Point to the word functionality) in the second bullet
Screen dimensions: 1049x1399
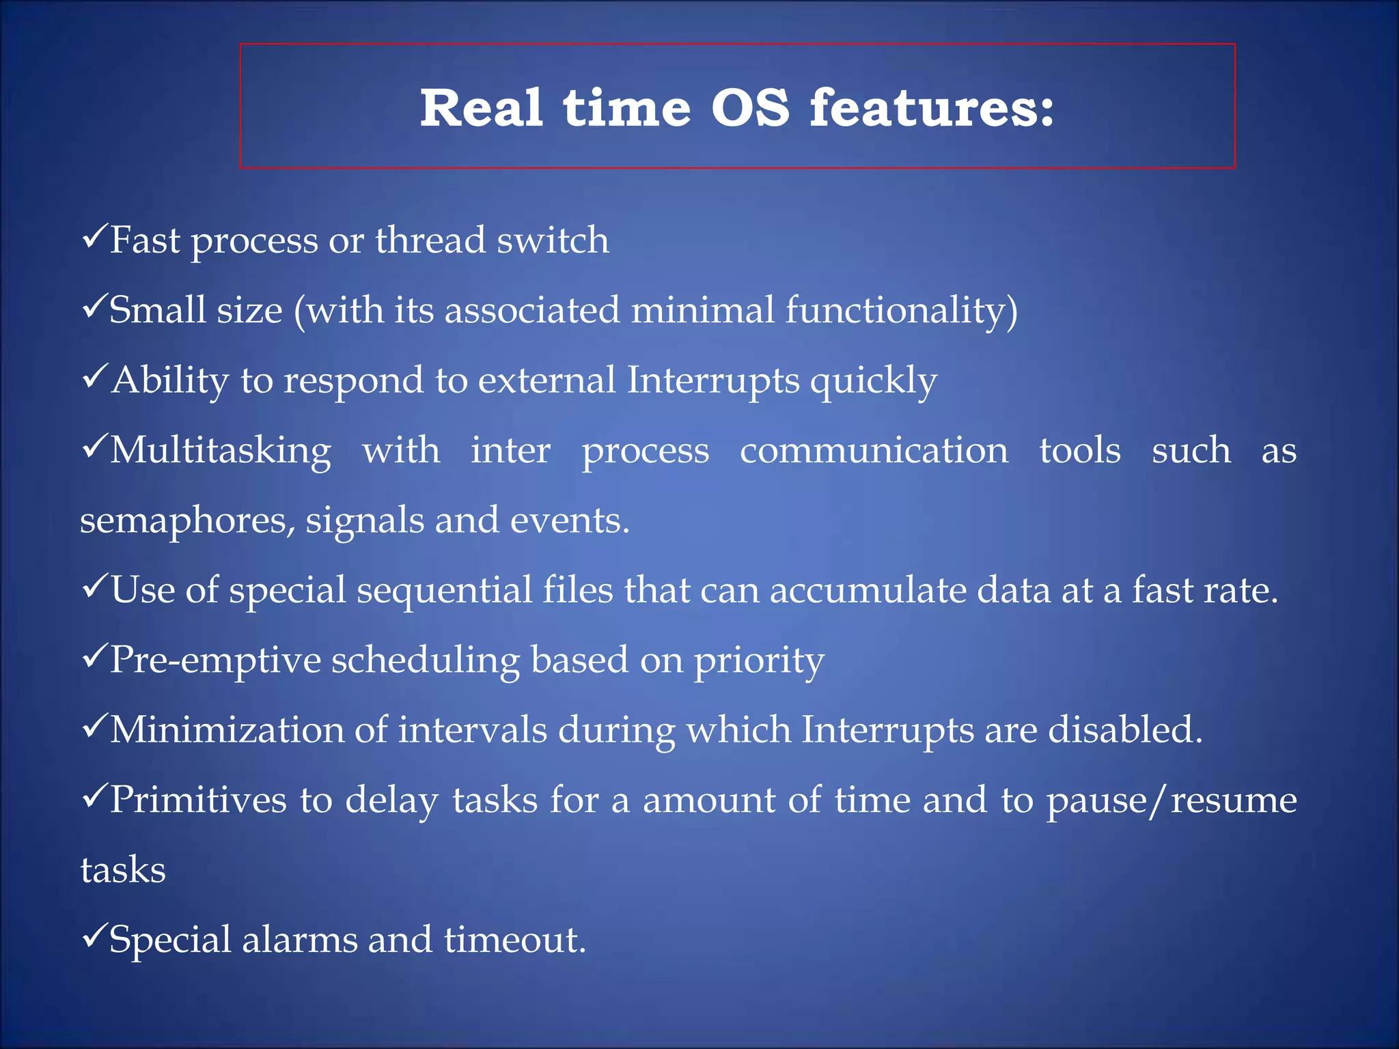pos(901,311)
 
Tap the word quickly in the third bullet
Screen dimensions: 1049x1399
pos(874,381)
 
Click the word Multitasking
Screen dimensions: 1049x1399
pos(221,451)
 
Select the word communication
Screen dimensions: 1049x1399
pos(874,451)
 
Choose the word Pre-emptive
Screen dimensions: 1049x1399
pos(215,661)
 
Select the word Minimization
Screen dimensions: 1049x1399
pos(227,730)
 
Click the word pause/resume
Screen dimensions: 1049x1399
pos(1171,800)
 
